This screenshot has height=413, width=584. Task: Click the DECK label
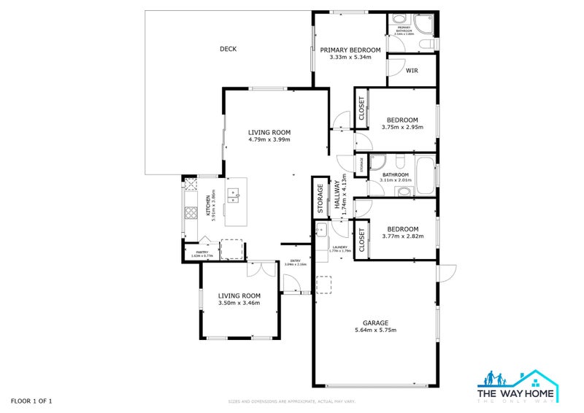pos(228,49)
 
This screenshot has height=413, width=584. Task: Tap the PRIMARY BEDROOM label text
pos(350,50)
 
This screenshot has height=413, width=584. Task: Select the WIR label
pos(412,70)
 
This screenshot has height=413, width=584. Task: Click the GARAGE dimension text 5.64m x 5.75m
pos(375,330)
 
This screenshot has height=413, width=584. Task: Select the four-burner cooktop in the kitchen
pos(191,213)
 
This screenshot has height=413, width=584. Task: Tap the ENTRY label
pos(296,261)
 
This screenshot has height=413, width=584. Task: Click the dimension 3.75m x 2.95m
pos(402,128)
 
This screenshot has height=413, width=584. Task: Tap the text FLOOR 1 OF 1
pos(31,401)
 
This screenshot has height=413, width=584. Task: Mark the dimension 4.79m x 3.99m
pos(269,139)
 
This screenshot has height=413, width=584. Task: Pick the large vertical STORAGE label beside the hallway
pos(320,196)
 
